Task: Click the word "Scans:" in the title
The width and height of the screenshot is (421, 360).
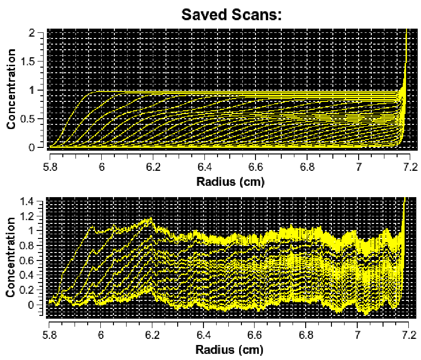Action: click(x=257, y=15)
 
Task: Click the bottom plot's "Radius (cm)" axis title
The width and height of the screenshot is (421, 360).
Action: click(x=230, y=350)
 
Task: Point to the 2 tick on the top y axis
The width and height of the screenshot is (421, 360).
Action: click(x=32, y=33)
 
